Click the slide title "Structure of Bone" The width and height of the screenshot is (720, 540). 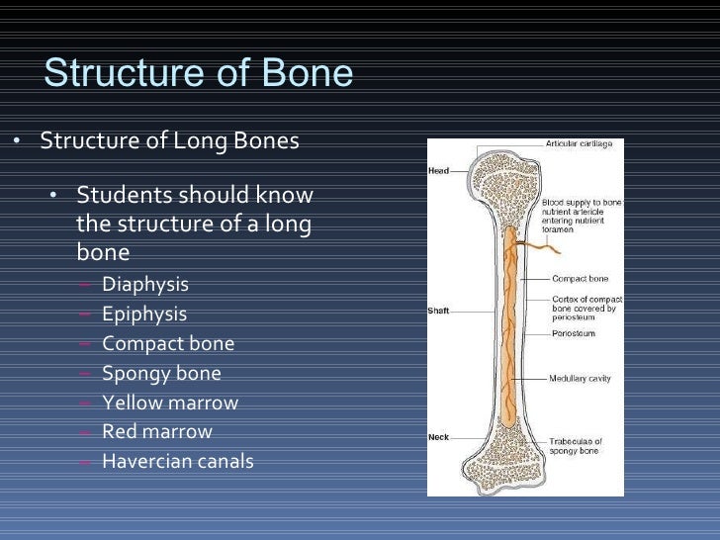point(199,74)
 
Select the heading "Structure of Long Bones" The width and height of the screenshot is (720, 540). point(169,141)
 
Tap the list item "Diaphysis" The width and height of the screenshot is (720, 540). point(145,285)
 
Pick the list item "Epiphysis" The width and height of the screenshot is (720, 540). point(144,315)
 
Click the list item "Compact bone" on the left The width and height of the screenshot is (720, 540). point(168,344)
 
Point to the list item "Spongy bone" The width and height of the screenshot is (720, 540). point(161,374)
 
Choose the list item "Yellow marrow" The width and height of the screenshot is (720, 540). point(170,403)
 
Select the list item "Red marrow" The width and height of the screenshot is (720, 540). point(157,431)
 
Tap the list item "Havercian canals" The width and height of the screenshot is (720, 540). point(178,461)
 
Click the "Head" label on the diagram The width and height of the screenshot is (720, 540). point(438,171)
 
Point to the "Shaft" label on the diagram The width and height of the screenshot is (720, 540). point(438,311)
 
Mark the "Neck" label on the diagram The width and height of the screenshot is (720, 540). point(438,437)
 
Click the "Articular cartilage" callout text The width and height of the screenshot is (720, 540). point(580,144)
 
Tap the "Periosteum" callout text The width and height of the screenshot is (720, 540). point(573,333)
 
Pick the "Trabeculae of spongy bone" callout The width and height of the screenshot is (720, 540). point(576,446)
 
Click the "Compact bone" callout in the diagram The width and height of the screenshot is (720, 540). point(579,278)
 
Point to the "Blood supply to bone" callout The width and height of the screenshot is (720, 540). point(582,202)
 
